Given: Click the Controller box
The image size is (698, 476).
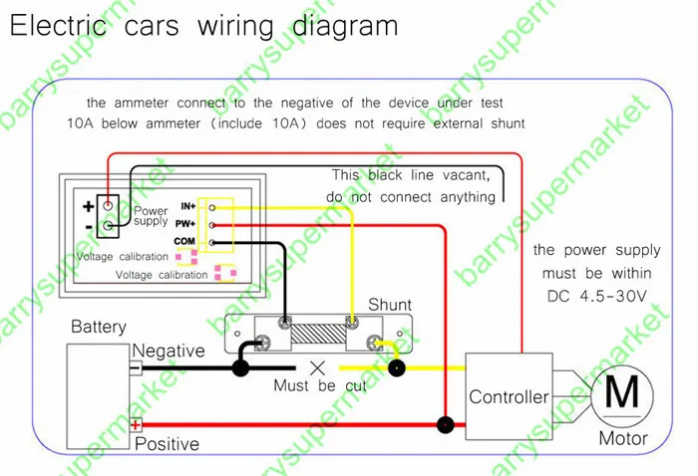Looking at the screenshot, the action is (509, 396).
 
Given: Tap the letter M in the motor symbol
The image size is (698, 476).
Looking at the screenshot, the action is (622, 391).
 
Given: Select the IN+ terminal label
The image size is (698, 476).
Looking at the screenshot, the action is (187, 206).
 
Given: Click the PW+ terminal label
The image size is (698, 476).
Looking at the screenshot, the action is (185, 223).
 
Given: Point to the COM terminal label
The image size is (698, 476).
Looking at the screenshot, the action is (184, 241).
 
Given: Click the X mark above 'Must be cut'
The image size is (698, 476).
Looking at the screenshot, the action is (317, 368).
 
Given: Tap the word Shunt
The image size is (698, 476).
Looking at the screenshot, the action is (390, 305).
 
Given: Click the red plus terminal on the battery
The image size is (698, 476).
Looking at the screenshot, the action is (136, 425).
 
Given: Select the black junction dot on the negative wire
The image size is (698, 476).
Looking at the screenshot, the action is (241, 368).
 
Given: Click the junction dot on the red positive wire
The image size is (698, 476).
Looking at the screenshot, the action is (445, 425).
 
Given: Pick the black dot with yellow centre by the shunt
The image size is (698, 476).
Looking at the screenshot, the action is (396, 368).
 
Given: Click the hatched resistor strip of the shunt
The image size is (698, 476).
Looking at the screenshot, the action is (318, 334).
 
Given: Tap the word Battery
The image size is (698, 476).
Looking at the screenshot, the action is (99, 327).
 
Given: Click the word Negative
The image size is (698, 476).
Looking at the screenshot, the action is (169, 351).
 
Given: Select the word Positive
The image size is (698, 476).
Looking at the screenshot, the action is (167, 444).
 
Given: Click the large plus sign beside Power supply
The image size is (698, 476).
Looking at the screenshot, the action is (88, 206).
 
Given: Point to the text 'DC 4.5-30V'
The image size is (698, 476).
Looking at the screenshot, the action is (596, 296).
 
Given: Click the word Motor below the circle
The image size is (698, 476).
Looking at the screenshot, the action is (623, 438).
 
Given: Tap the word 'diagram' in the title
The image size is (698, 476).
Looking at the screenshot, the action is (345, 27).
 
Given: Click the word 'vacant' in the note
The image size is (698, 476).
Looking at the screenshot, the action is (466, 175).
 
